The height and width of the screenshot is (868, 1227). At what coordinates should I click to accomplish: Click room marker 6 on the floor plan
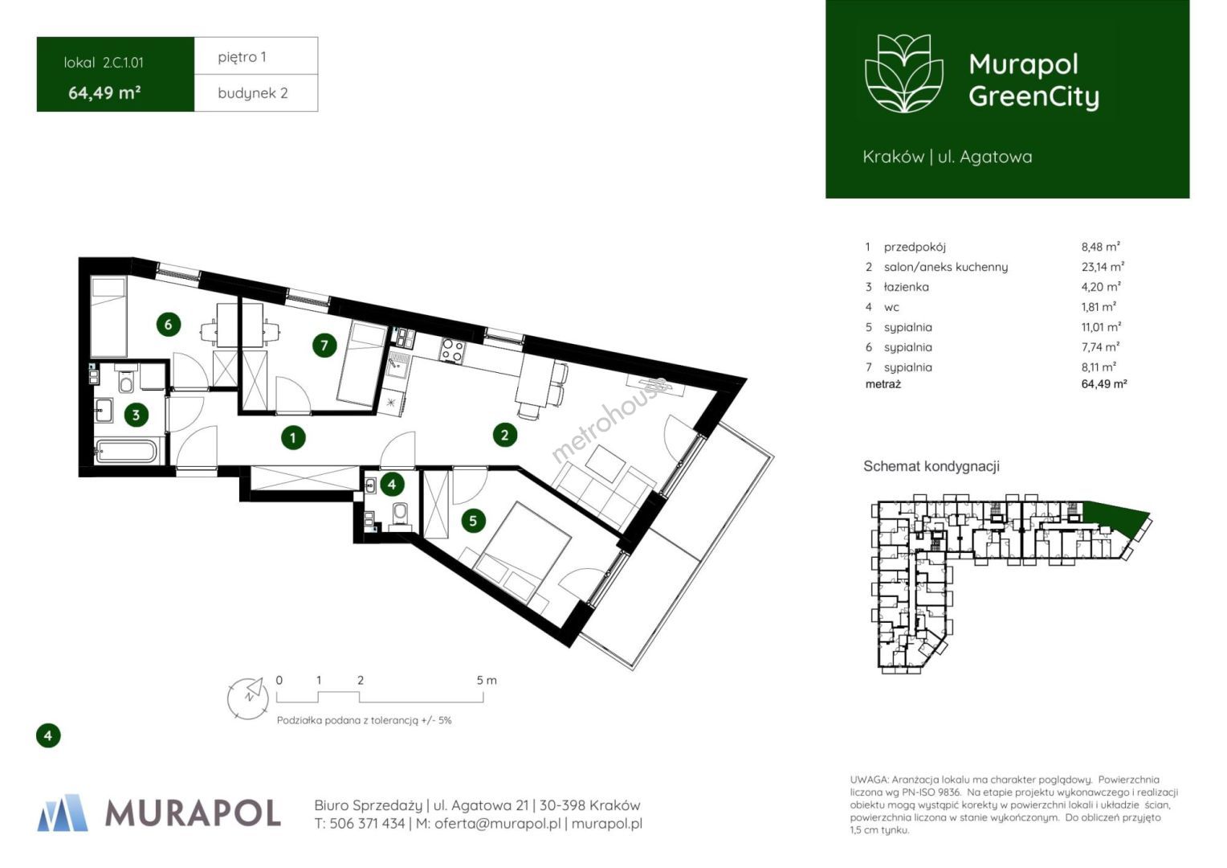click(x=168, y=325)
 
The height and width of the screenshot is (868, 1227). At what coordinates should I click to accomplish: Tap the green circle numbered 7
click(x=324, y=346)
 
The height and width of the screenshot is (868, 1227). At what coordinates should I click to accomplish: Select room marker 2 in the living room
click(x=504, y=436)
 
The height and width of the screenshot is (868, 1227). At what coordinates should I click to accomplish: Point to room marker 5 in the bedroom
click(x=473, y=521)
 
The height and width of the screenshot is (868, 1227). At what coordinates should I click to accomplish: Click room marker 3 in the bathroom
click(x=136, y=415)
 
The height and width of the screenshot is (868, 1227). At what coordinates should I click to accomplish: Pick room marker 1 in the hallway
click(x=293, y=437)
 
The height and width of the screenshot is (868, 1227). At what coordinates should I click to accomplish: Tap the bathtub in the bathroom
click(x=126, y=451)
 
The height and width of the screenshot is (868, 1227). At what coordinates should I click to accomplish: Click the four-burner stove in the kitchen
click(x=453, y=350)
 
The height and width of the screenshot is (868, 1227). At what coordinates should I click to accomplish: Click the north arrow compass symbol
click(x=248, y=698)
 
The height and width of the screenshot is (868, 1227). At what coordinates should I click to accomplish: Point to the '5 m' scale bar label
click(x=487, y=681)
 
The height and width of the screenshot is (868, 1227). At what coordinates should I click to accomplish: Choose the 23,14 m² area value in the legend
click(x=1103, y=267)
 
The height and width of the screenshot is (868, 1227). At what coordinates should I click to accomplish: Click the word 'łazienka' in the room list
click(x=906, y=287)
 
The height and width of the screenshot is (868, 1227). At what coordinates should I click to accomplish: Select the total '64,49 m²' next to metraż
click(x=1104, y=384)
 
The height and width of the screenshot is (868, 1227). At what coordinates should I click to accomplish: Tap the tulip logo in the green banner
click(x=904, y=73)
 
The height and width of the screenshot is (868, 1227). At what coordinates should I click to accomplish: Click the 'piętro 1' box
click(x=256, y=56)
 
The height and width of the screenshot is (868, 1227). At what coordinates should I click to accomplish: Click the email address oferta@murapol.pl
click(x=498, y=823)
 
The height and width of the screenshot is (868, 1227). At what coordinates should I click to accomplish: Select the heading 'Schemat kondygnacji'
click(x=931, y=466)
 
